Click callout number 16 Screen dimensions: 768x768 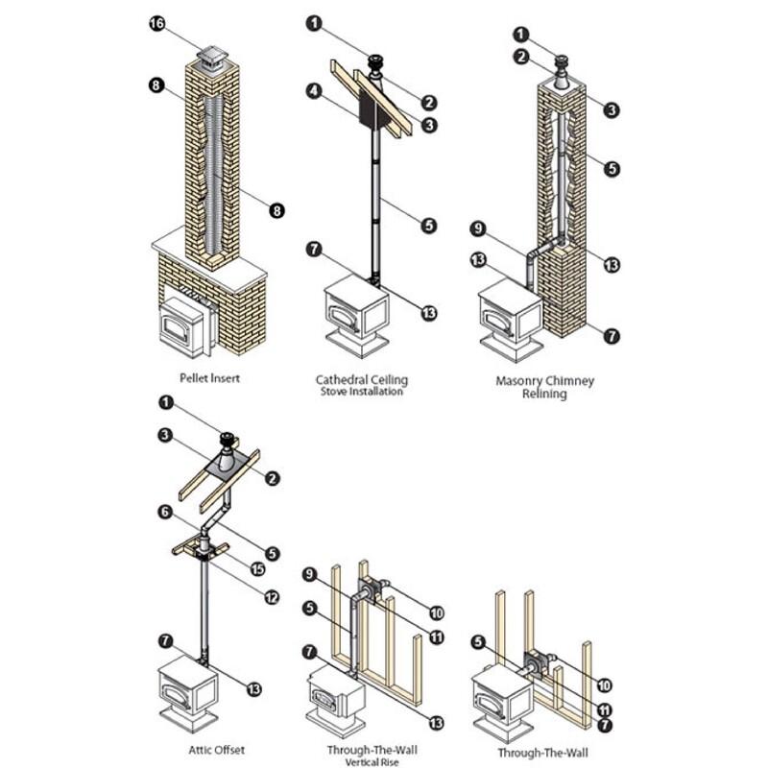157,24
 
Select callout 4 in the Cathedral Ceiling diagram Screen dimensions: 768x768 313,92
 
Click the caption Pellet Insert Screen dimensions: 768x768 209,378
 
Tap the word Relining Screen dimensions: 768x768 544,394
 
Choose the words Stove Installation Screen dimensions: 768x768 360,392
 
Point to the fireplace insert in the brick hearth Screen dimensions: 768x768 182,324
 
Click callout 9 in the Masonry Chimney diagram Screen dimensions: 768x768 477,228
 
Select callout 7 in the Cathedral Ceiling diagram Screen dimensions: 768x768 314,249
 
